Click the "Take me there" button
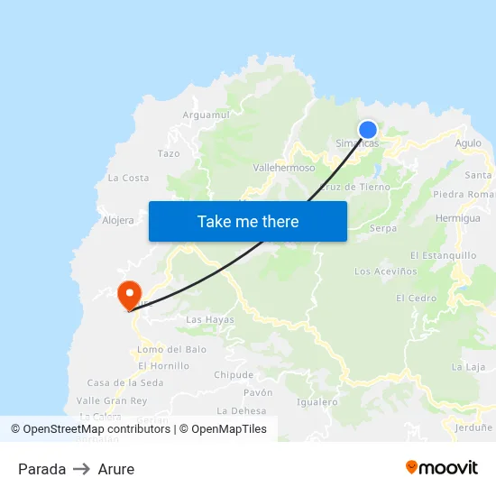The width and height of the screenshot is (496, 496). (x=248, y=221)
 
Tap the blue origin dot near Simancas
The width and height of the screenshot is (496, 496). (x=368, y=130)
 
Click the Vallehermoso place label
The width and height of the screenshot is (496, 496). (x=284, y=168)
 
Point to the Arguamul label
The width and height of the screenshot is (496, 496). (x=207, y=115)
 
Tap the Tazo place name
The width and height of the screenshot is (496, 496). (x=169, y=153)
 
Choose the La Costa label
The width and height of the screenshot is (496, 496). (x=128, y=178)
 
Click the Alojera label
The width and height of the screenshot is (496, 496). (x=118, y=220)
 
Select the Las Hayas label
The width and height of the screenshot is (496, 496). (x=209, y=320)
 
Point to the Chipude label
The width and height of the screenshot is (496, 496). (x=234, y=375)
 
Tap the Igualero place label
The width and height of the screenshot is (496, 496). (x=317, y=402)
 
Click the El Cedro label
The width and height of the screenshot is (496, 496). (x=416, y=299)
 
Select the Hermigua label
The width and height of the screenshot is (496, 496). (x=457, y=218)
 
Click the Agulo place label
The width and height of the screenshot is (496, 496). (x=468, y=143)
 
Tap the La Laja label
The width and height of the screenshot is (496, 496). (x=468, y=367)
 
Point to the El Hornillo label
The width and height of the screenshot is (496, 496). (x=163, y=366)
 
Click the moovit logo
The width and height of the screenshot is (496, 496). (x=441, y=468)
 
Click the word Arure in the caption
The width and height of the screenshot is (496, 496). (x=116, y=469)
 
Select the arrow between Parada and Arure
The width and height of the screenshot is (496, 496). (x=82, y=469)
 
